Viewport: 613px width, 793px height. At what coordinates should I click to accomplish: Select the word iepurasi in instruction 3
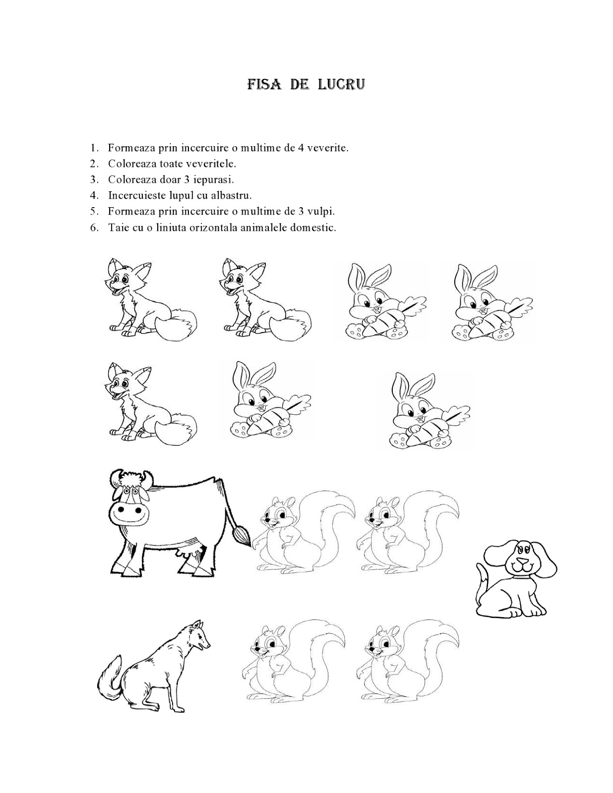[x=217, y=179]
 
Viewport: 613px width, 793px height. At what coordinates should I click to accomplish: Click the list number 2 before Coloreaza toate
[x=93, y=164]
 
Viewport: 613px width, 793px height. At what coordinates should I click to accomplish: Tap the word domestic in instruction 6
[x=317, y=227]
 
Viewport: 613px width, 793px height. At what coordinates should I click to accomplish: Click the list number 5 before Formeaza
[x=93, y=211]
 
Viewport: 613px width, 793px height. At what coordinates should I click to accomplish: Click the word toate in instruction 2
[x=178, y=164]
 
